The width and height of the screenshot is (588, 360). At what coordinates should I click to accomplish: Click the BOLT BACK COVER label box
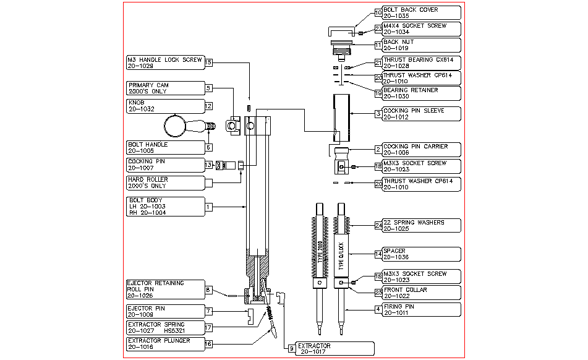[421, 12]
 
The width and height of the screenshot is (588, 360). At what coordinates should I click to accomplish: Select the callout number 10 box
[379, 12]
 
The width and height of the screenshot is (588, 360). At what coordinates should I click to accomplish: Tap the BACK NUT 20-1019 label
[421, 45]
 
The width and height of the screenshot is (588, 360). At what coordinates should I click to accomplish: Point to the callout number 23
[379, 28]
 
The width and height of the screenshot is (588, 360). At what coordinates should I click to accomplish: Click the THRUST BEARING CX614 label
[421, 62]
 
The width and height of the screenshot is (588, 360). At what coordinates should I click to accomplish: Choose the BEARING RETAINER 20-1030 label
[421, 93]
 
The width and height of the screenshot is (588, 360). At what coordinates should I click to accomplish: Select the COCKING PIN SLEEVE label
[421, 113]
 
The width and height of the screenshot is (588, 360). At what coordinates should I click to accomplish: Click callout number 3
[378, 113]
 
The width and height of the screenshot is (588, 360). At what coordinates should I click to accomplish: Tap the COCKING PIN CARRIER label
[421, 149]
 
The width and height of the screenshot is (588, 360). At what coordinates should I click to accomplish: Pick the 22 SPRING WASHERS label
[421, 225]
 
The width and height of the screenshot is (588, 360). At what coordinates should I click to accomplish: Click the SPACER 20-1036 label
[421, 254]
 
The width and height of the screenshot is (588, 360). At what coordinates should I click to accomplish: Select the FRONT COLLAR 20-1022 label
[421, 292]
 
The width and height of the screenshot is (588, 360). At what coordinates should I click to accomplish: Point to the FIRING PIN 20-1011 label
[421, 309]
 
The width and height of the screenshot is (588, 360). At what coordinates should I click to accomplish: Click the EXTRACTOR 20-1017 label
[334, 349]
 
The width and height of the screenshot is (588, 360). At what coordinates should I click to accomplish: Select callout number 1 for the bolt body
[209, 206]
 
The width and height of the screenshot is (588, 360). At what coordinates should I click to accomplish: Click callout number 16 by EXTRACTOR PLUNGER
[209, 343]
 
